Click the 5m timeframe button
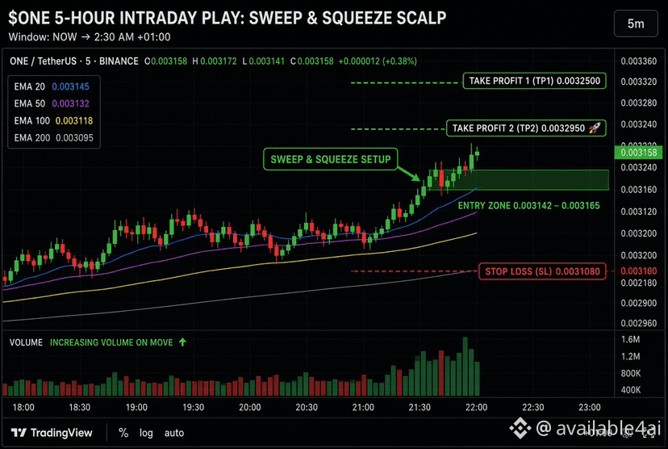pos(636,24)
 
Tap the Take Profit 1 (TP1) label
pos(534,81)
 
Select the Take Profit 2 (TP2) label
pos(526,128)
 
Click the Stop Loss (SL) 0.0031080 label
pos(542,271)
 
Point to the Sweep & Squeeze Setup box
pos(331,159)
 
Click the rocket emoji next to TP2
pos(595,128)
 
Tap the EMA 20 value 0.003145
pos(71,86)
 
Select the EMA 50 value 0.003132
pos(71,103)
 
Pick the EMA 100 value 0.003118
pos(74,120)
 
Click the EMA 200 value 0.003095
pos(74,138)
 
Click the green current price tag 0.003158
pos(638,153)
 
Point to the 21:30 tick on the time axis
pos(420,407)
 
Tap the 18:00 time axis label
pos(23,407)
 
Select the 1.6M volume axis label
pos(631,339)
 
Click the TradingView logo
pos(52,433)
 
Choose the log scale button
pos(146,433)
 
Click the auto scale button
pos(174,433)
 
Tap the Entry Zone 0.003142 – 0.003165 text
pos(528,206)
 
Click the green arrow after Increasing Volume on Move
pos(183,342)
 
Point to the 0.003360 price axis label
pos(639,61)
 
